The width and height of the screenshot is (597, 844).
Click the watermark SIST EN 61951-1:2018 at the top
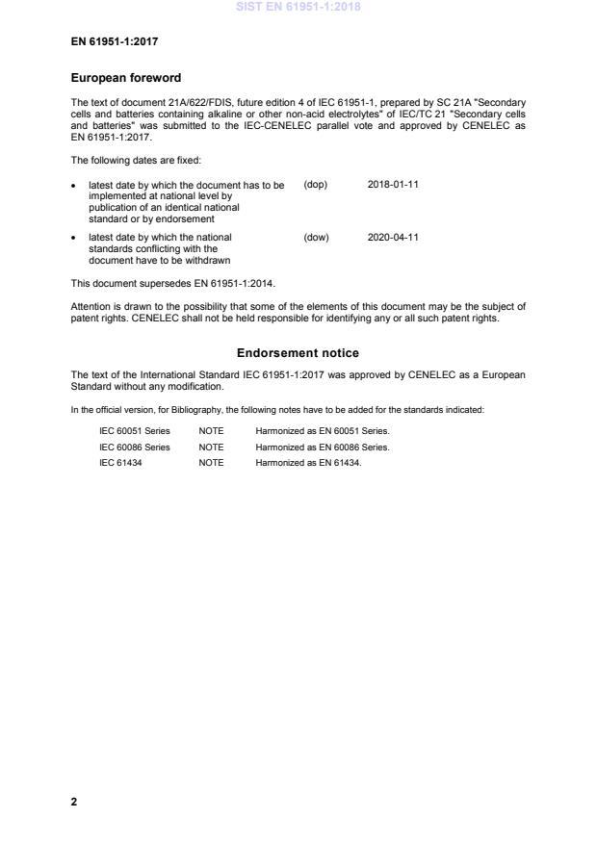coord(298,7)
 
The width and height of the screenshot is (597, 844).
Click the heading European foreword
coord(126,78)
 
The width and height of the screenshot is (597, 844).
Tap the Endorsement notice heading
coord(298,353)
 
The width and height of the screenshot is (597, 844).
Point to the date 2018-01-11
coord(393,184)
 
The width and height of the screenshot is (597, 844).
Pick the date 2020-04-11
coord(393,237)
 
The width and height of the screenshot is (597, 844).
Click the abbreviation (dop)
coord(315,184)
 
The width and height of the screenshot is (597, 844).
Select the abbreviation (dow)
coord(316,237)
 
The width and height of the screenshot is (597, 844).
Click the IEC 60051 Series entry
coord(135,431)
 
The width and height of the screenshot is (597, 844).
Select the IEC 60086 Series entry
coord(135,447)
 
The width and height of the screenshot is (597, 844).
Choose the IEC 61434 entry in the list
coord(121,462)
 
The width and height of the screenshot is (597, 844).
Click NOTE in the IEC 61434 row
coord(211,462)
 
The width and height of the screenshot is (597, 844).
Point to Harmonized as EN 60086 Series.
coord(322,447)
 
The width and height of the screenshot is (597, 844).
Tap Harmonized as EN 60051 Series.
coord(322,431)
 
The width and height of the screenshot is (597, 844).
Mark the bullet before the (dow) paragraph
coord(75,238)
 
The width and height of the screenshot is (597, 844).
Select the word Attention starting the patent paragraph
coord(91,307)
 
